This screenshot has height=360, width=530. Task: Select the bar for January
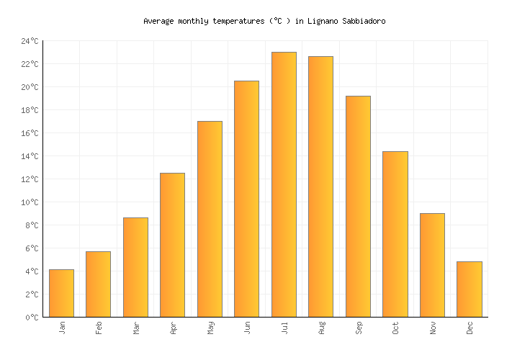61,293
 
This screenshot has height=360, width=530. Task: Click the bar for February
98,284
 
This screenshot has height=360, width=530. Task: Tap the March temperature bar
135,267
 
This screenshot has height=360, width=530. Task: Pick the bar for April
172,245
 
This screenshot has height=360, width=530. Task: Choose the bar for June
246,199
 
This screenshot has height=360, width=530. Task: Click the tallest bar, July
284,184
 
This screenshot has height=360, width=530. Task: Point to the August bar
320,186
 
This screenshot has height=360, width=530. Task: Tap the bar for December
469,289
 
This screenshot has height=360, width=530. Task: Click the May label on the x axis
210,328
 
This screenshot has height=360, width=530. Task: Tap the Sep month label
359,328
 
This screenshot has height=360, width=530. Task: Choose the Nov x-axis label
433,328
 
